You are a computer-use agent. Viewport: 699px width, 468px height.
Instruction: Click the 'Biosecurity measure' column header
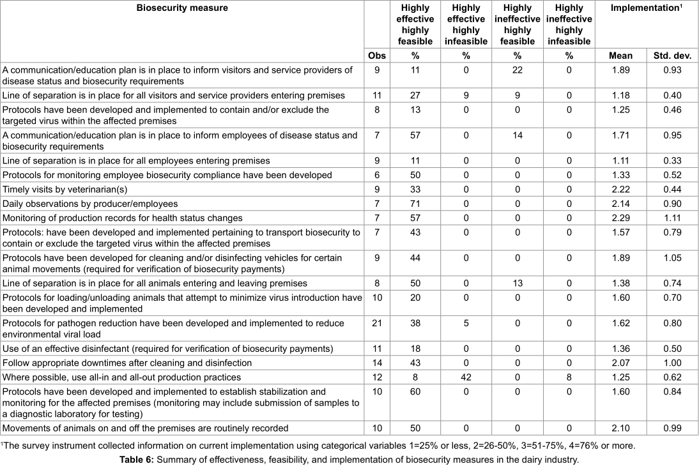point(182,8)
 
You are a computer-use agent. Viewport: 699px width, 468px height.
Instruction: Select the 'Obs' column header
point(377,56)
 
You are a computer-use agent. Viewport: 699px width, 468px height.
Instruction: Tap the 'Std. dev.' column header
point(672,56)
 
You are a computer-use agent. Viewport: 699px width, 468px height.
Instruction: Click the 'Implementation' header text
point(644,8)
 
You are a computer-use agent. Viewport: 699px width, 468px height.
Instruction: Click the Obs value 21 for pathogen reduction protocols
point(377,323)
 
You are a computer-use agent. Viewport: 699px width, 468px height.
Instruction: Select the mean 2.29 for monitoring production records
point(621,218)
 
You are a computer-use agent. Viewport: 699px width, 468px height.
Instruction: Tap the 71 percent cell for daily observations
point(415,204)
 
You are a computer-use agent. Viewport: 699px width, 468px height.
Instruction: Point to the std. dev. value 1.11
point(672,218)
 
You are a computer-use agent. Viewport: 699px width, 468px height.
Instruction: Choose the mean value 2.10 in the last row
point(621,428)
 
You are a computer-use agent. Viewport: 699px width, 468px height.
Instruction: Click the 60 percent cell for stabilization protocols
point(415,391)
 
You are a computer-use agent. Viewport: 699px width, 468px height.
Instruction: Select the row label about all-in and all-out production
point(121,377)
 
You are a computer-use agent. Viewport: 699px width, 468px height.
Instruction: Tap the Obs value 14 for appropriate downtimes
point(377,363)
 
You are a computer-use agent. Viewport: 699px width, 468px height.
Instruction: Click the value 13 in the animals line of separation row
point(517,283)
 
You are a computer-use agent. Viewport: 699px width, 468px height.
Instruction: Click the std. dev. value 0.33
point(672,161)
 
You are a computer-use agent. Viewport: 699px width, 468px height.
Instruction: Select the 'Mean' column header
point(621,56)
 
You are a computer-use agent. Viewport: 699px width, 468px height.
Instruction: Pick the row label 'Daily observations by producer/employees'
point(89,204)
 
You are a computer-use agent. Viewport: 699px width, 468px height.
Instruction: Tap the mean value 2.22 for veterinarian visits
point(621,190)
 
